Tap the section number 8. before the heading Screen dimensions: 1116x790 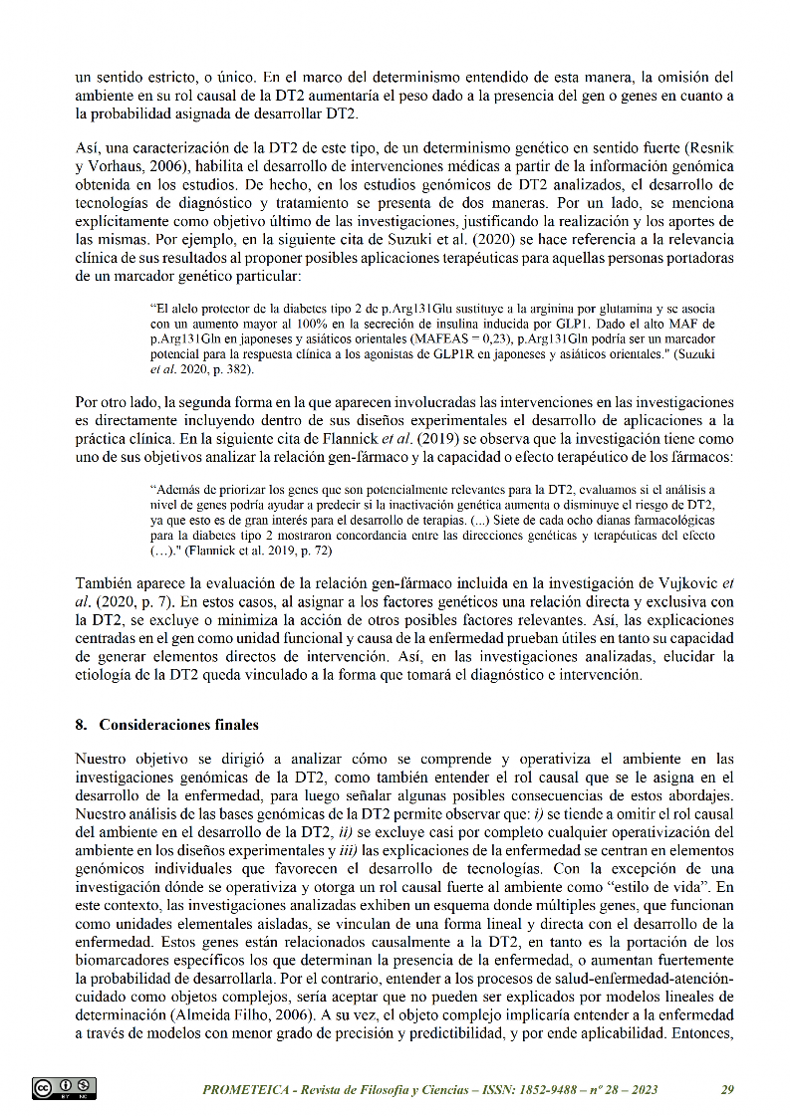82,725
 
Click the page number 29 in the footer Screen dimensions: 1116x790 727,1089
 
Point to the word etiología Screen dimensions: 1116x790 106,674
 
